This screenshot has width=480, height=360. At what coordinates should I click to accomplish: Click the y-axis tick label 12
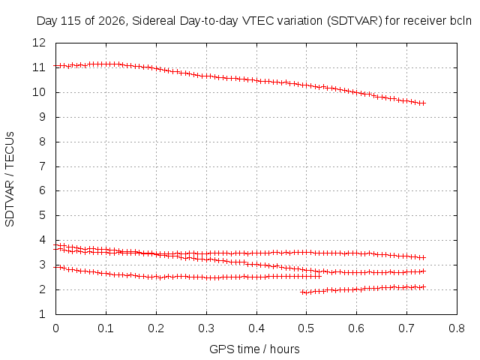39,43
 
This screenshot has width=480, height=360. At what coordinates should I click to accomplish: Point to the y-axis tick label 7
43,166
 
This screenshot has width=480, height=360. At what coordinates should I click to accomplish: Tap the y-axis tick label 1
43,314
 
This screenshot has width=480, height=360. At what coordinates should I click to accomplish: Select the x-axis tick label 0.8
457,328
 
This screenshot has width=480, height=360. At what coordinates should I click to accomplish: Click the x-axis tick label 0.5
307,328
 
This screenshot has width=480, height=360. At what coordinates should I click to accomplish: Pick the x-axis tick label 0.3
206,328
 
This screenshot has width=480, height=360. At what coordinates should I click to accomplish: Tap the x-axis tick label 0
55,328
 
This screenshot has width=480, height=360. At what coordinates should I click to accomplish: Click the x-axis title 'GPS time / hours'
254,349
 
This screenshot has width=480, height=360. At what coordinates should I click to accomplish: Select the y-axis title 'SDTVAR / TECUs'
10,179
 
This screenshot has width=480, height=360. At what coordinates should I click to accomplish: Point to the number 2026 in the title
112,21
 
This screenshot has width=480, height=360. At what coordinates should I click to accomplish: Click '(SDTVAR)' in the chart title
355,21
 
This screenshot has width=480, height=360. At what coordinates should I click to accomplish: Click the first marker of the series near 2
303,292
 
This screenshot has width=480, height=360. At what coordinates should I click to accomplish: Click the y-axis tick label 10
39,92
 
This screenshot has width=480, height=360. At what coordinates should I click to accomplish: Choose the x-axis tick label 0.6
357,328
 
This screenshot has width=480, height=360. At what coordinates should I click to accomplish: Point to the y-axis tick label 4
43,240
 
